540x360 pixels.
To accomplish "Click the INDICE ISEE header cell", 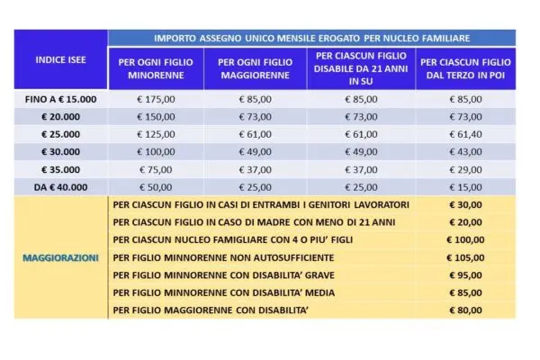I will pyautogui.click(x=60, y=59).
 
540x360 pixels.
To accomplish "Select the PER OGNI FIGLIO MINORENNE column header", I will pyautogui.click(x=157, y=69).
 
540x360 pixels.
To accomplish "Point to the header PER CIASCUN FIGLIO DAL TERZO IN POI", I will pyautogui.click(x=465, y=69).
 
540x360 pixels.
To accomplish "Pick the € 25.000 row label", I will pyautogui.click(x=61, y=132).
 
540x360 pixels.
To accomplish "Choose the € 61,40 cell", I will pyautogui.click(x=465, y=132).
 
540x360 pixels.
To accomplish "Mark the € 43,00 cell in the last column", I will pyautogui.click(x=465, y=149).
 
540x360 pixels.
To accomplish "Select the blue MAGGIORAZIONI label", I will pyautogui.click(x=61, y=256).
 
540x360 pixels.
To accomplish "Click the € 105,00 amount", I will pyautogui.click(x=465, y=256).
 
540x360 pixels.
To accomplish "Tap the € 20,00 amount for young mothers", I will pyautogui.click(x=465, y=221).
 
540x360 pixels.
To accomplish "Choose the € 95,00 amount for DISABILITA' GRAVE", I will pyautogui.click(x=465, y=274).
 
